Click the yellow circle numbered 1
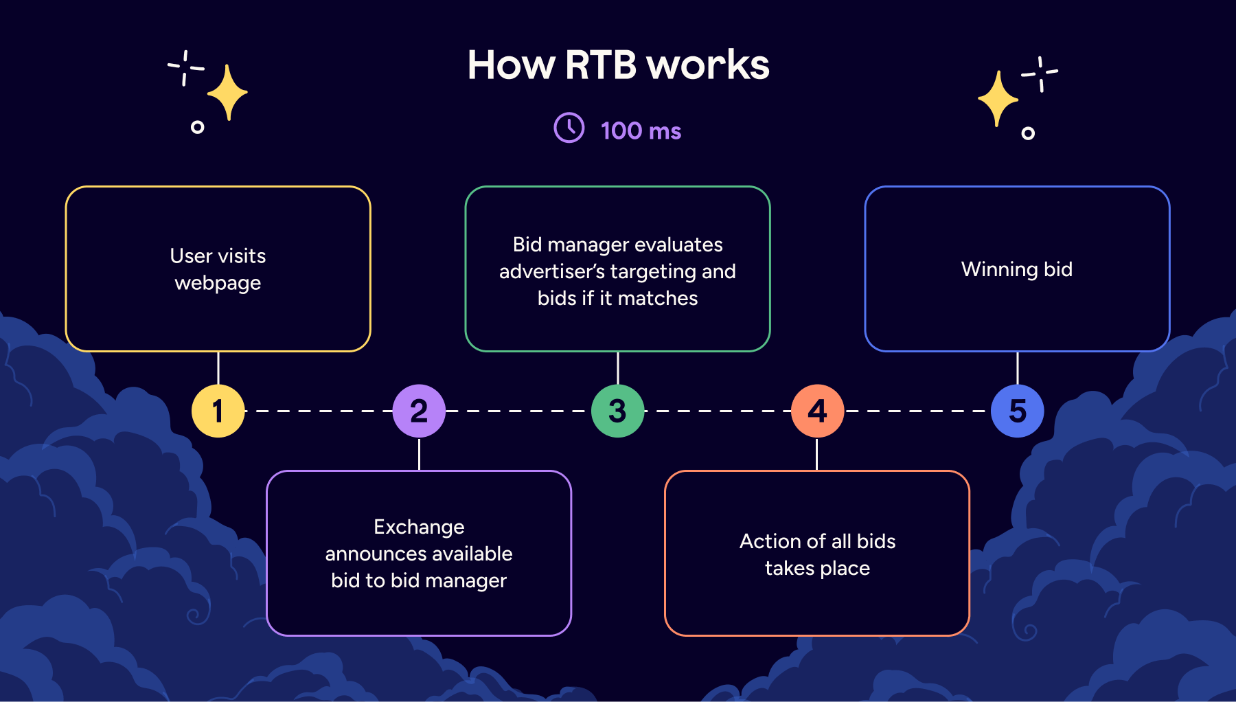(218, 411)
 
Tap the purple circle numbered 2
(419, 411)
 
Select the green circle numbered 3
(618, 411)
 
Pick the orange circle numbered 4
(817, 411)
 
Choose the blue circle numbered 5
(1017, 411)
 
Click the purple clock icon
(569, 128)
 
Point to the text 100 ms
(641, 131)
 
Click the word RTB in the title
(601, 65)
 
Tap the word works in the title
(708, 65)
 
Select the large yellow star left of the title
(227, 93)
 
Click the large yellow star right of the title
(998, 99)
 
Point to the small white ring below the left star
(197, 127)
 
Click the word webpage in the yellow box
(218, 283)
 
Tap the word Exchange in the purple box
(419, 527)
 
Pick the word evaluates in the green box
(680, 245)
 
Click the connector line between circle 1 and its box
(218, 368)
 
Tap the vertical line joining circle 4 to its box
(817, 454)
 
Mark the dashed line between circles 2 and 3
(518, 411)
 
